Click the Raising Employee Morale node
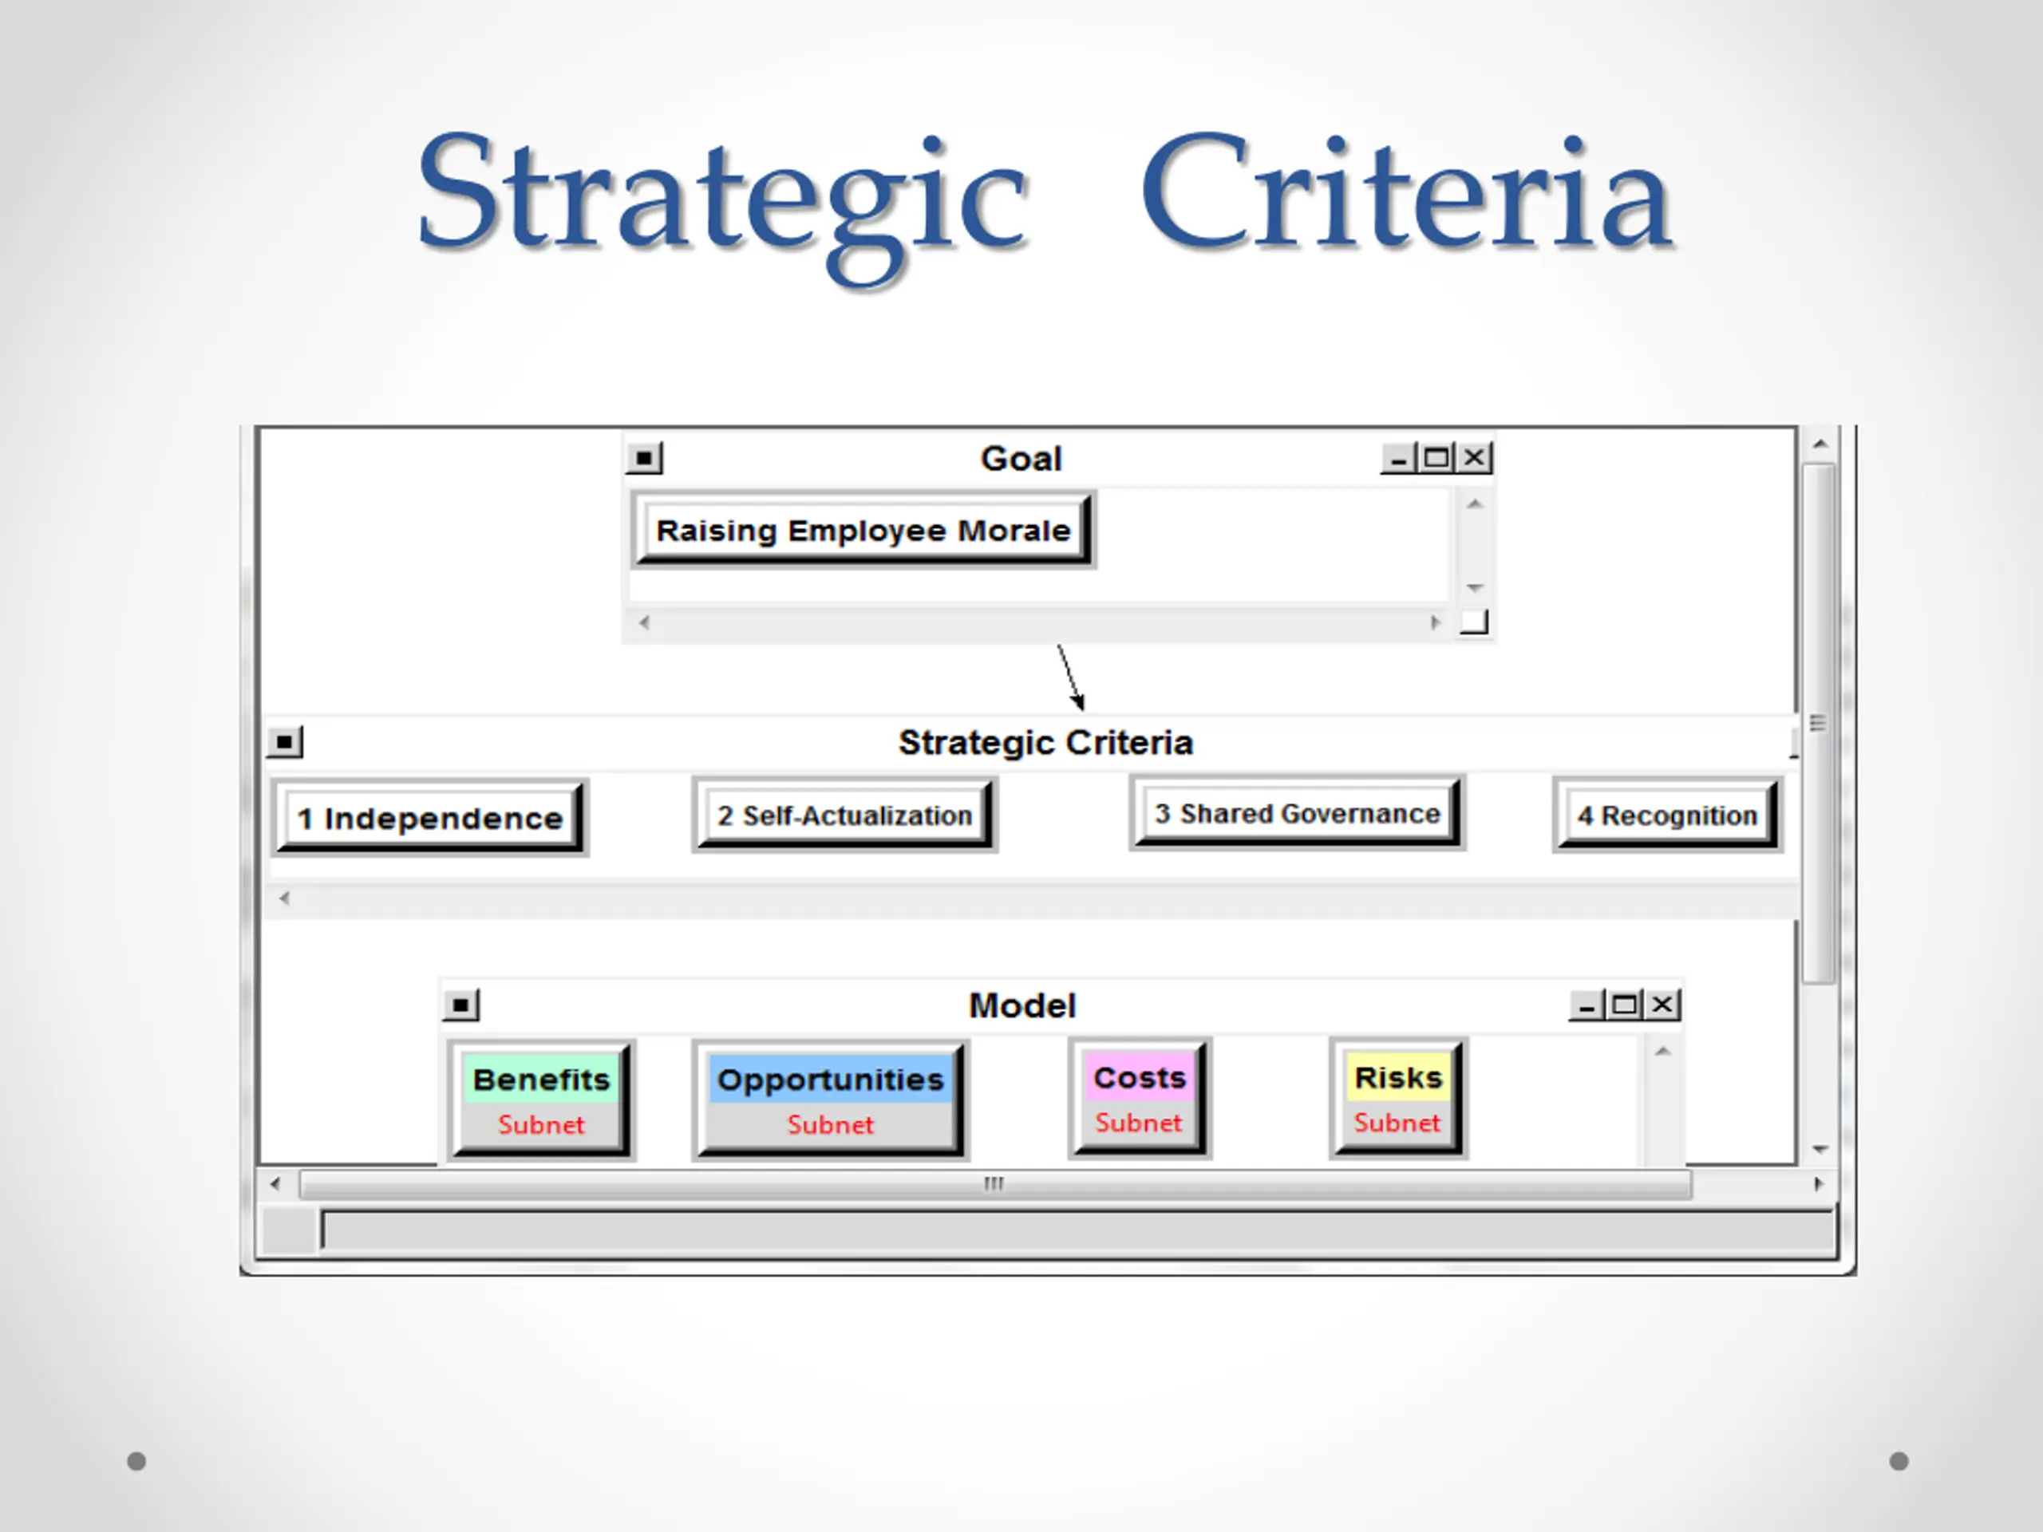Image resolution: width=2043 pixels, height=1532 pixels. pyautogui.click(x=863, y=530)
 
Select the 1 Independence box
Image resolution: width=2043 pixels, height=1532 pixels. pyautogui.click(x=429, y=817)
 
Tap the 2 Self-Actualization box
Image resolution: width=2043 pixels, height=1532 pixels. pyautogui.click(x=844, y=815)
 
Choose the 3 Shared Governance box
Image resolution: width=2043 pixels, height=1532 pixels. pyautogui.click(x=1296, y=814)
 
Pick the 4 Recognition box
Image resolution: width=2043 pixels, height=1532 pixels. pyautogui.click(x=1666, y=815)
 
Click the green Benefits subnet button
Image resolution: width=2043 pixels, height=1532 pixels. pyautogui.click(x=541, y=1098)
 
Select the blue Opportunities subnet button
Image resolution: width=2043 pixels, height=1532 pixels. pyautogui.click(x=829, y=1098)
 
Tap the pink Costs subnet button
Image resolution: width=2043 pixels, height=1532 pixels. pyautogui.click(x=1139, y=1097)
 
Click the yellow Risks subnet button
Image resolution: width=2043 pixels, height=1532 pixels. pyautogui.click(x=1397, y=1097)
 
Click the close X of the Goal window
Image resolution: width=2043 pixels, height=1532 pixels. pyautogui.click(x=1475, y=457)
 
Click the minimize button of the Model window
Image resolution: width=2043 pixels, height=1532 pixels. pyautogui.click(x=1586, y=1005)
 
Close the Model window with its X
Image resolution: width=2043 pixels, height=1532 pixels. pyautogui.click(x=1662, y=1005)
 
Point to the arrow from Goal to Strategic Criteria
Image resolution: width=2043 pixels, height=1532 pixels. pyautogui.click(x=1070, y=677)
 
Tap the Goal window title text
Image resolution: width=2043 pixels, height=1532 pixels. pyautogui.click(x=1021, y=458)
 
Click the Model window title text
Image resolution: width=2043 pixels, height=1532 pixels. pyautogui.click(x=1021, y=1005)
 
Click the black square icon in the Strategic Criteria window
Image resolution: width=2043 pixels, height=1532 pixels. pyautogui.click(x=284, y=741)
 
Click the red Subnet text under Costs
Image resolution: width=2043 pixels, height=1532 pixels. pyautogui.click(x=1138, y=1123)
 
